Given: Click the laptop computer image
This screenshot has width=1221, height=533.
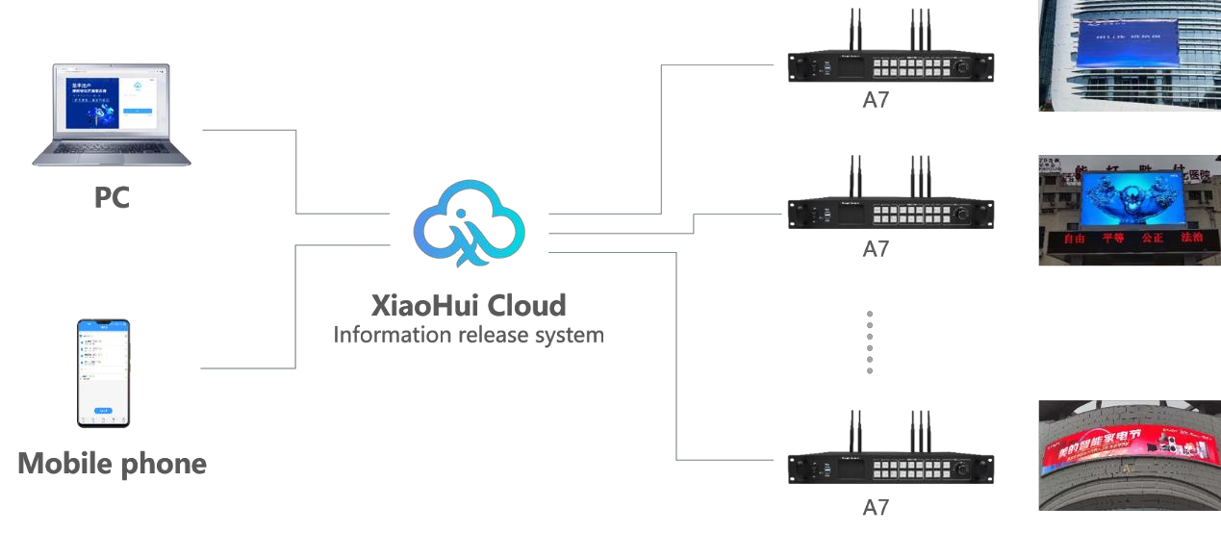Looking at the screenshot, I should pyautogui.click(x=111, y=115).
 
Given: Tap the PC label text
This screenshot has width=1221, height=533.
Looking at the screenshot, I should pyautogui.click(x=112, y=197).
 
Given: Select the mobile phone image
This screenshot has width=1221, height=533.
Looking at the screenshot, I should pyautogui.click(x=104, y=373).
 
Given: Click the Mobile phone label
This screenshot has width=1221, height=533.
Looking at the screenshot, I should pyautogui.click(x=112, y=464).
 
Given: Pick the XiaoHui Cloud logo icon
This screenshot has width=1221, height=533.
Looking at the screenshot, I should pyautogui.click(x=470, y=224).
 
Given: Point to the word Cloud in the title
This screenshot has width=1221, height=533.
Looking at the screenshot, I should pyautogui.click(x=527, y=306).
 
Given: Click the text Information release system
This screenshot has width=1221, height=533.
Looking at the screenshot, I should pyautogui.click(x=469, y=336).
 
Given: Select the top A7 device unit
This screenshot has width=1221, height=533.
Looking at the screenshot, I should pyautogui.click(x=890, y=66).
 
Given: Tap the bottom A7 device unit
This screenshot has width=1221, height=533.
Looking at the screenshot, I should pyautogui.click(x=890, y=470).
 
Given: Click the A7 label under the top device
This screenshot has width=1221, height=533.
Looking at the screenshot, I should pyautogui.click(x=876, y=100).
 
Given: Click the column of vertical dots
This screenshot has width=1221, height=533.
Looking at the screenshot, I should pyautogui.click(x=870, y=343).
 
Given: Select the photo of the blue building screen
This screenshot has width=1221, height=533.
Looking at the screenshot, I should pyautogui.click(x=1130, y=55).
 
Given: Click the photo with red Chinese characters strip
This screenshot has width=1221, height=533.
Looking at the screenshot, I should pyautogui.click(x=1130, y=210).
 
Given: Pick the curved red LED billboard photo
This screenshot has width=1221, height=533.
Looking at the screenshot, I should pyautogui.click(x=1130, y=455).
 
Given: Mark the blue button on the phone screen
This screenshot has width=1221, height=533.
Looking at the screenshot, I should pyautogui.click(x=103, y=410).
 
